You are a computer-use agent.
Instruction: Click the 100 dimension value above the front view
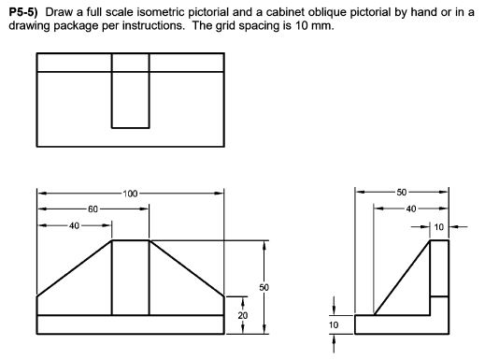coord(130,194)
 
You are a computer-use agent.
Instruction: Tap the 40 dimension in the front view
coord(74,225)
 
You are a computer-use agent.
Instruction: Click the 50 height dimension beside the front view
coord(264,286)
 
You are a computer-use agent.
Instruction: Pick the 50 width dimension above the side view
coord(402,193)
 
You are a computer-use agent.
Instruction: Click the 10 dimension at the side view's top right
coord(439,225)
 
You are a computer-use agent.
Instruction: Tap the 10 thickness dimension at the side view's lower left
coord(335,324)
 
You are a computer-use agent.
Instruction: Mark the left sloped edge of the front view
coord(75,268)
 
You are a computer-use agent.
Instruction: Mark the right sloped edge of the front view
coord(186,268)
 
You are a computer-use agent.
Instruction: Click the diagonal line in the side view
coord(402,277)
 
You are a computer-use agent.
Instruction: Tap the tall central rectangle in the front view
coord(130,277)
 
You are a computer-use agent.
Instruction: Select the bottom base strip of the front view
coord(130,324)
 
